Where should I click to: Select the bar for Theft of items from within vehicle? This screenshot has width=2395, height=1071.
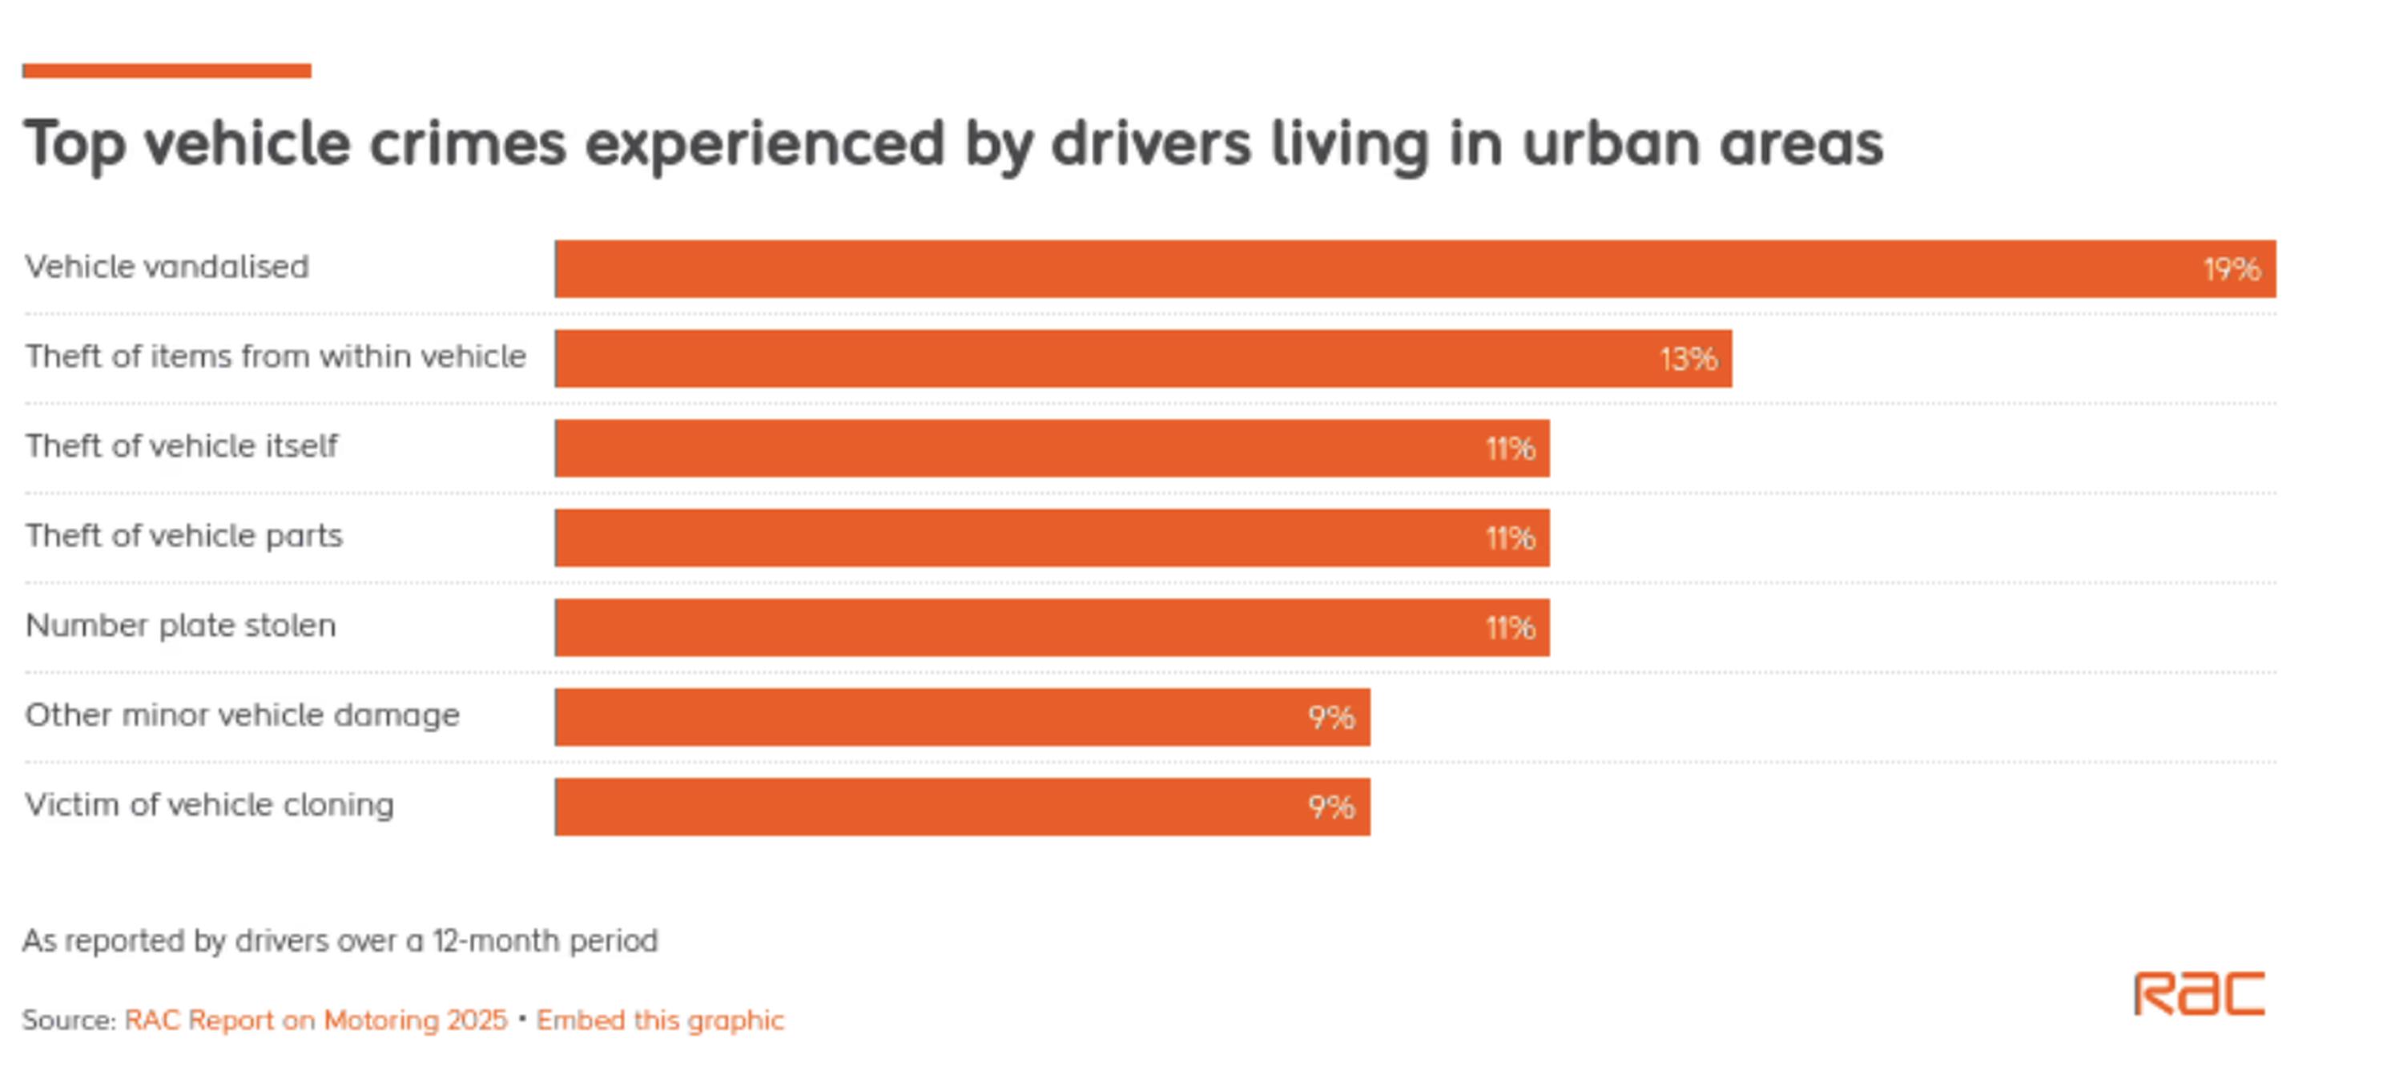pyautogui.click(x=1144, y=358)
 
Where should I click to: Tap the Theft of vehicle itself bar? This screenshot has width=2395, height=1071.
pyautogui.click(x=1051, y=448)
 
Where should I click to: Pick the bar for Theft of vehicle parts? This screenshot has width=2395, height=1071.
pyautogui.click(x=1051, y=538)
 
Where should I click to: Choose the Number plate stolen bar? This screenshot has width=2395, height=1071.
pyautogui.click(x=1051, y=627)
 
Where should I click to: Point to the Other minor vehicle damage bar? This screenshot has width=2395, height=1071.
pyautogui.click(x=962, y=717)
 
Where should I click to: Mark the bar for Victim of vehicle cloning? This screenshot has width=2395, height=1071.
pyautogui.click(x=962, y=806)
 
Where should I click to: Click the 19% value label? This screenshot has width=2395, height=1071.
pyautogui.click(x=2232, y=270)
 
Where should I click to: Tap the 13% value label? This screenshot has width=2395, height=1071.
pyautogui.click(x=1689, y=359)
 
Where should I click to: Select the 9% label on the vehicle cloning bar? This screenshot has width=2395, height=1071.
pyautogui.click(x=1331, y=807)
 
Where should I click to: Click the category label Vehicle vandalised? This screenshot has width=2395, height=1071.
pyautogui.click(x=167, y=267)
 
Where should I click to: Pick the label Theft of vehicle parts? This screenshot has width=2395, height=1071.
pyautogui.click(x=183, y=535)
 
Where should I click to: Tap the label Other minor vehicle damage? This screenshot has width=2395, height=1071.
pyautogui.click(x=242, y=715)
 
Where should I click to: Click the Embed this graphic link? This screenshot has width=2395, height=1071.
pyautogui.click(x=660, y=1020)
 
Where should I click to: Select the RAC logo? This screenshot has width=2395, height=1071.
pyautogui.click(x=2199, y=994)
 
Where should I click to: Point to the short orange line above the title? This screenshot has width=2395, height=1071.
pyautogui.click(x=167, y=70)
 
